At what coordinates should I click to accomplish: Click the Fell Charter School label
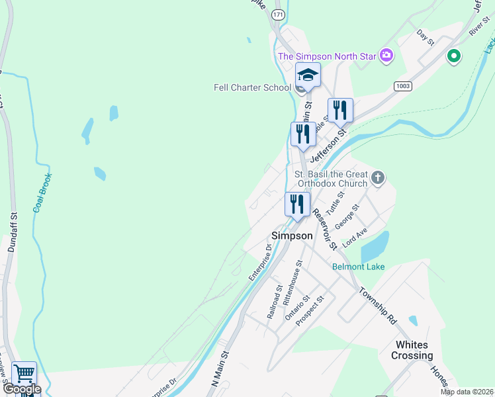(252, 87)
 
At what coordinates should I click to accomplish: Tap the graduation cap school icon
(308, 75)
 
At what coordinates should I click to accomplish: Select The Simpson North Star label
(326, 56)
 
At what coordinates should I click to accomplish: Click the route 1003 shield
(402, 86)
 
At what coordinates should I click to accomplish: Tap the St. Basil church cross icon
(378, 177)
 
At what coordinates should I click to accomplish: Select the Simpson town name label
(292, 236)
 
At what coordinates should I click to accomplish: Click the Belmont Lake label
(358, 267)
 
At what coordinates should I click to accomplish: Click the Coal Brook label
(43, 193)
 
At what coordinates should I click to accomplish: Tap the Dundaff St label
(12, 232)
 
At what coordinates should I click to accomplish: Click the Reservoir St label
(325, 229)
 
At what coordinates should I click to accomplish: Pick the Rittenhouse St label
(292, 281)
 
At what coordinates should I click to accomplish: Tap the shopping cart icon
(24, 375)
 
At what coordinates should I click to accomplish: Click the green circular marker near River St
(453, 56)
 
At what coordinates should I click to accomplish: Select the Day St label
(425, 37)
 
